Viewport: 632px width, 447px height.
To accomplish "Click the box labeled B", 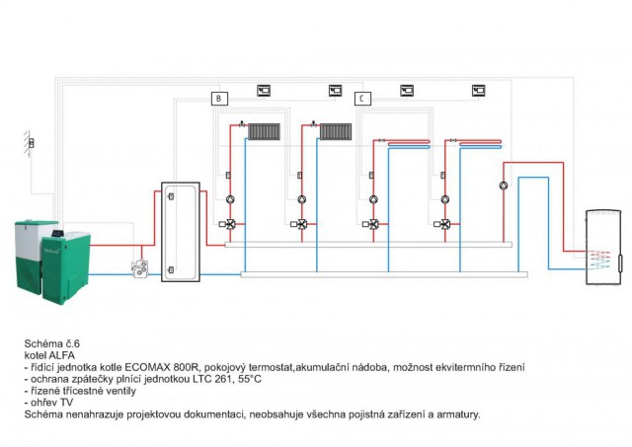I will pyautogui.click(x=219, y=98).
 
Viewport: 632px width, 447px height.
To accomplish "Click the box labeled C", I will pyautogui.click(x=362, y=98).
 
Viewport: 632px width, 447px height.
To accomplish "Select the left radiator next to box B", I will pyautogui.click(x=265, y=130).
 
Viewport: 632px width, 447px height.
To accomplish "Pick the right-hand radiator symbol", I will pyautogui.click(x=336, y=130).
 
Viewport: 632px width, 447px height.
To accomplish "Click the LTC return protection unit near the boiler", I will pyautogui.click(x=144, y=267).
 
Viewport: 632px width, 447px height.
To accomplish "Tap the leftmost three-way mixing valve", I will pyautogui.click(x=229, y=224).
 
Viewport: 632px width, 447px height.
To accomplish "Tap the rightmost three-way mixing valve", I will pyautogui.click(x=444, y=224).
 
